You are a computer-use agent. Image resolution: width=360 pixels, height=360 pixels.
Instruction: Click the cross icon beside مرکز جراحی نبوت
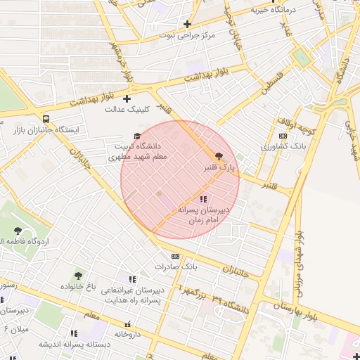[187, 25]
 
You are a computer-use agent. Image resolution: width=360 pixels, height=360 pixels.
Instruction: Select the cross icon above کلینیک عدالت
[127, 99]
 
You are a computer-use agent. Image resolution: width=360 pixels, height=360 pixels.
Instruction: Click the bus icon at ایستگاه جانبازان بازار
[46, 120]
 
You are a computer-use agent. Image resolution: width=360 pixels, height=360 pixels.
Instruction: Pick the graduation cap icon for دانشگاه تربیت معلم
[136, 136]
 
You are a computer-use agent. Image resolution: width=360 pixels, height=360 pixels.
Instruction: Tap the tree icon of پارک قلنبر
[219, 156]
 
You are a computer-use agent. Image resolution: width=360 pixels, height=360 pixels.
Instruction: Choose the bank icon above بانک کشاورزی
[283, 136]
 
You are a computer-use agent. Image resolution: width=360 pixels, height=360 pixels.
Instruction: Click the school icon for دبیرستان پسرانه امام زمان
[203, 199]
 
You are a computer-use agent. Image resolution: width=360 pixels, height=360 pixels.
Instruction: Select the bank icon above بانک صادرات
[175, 256]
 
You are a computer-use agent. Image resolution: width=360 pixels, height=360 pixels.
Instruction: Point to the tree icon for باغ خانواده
[77, 276]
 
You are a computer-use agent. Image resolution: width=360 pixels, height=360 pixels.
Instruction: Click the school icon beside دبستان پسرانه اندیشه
[73, 333]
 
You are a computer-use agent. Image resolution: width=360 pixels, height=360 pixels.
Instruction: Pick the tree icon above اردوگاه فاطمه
[18, 231]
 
